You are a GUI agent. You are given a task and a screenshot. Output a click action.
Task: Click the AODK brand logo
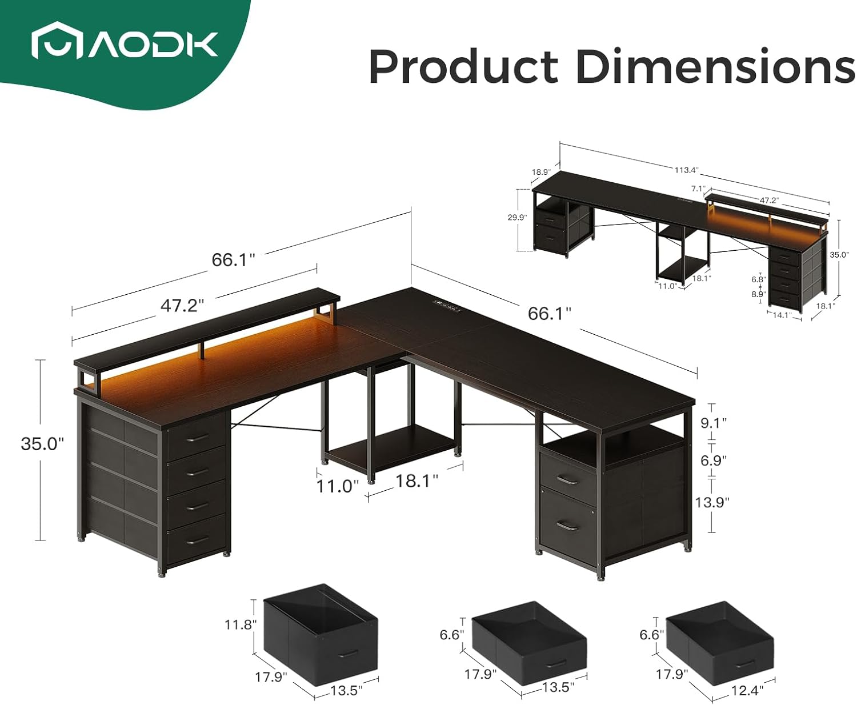pyautogui.click(x=125, y=45)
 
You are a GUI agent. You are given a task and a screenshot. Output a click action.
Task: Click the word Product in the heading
pyautogui.click(x=463, y=67)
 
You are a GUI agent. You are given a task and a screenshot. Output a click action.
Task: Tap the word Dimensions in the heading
pyautogui.click(x=715, y=67)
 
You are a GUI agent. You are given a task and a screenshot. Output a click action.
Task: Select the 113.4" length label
pyautogui.click(x=686, y=170)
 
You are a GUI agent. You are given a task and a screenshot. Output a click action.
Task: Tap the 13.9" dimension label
pyautogui.click(x=712, y=502)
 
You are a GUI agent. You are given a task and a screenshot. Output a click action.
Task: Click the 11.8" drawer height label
pyautogui.click(x=239, y=624)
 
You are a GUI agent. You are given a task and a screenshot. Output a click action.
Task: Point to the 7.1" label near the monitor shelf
pyautogui.click(x=698, y=188)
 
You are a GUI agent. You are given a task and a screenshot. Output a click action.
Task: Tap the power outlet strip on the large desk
pyautogui.click(x=446, y=306)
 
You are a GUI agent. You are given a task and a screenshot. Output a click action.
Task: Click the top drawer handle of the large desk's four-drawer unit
pyautogui.click(x=198, y=438)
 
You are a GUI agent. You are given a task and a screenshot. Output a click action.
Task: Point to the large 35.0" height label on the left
pyautogui.click(x=42, y=444)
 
